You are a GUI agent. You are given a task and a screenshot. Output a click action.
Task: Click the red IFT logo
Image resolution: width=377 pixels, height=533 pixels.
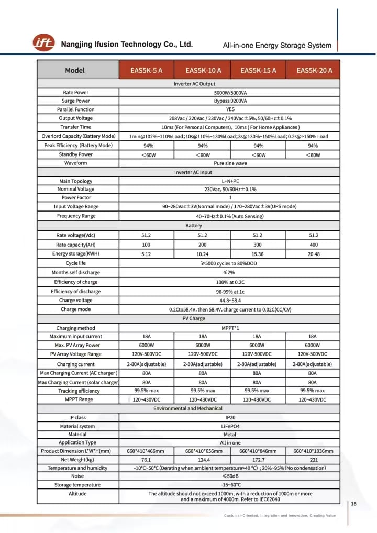tap(43, 43)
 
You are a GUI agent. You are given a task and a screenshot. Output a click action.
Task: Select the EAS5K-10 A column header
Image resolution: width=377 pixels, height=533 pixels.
tap(203, 70)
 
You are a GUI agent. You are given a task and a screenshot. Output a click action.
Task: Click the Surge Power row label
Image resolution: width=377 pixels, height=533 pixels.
tap(75, 101)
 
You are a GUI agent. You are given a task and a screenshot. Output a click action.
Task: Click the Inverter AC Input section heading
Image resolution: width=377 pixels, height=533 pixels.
tap(193, 172)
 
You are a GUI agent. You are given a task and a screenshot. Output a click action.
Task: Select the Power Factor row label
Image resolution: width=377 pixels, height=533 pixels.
tap(75, 198)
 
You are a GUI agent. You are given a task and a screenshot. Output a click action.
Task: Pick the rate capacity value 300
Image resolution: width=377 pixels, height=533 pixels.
tap(257, 245)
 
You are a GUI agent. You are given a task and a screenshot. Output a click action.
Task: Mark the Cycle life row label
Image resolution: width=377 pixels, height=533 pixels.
tap(75, 263)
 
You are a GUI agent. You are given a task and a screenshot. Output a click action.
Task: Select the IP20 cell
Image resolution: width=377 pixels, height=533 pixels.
tap(229, 418)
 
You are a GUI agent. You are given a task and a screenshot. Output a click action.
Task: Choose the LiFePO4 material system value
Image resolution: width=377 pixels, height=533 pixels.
tap(229, 426)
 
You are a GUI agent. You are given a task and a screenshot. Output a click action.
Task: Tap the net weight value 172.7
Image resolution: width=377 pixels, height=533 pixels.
tap(257, 460)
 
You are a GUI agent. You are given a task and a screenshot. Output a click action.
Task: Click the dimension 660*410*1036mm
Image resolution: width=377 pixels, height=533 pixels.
tap(313, 451)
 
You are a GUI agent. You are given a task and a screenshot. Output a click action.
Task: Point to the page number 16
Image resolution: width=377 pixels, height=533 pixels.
tap(354, 504)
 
